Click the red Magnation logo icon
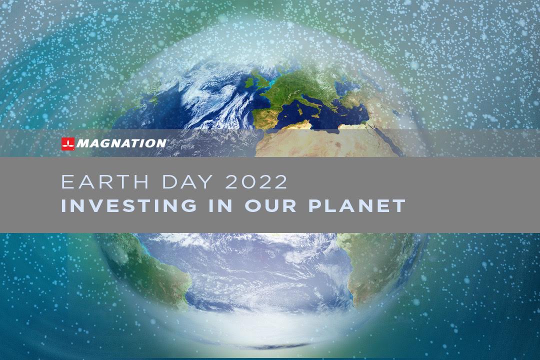(x=68, y=143)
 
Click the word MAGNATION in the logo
(x=121, y=143)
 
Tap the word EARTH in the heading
(x=105, y=182)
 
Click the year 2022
(x=256, y=182)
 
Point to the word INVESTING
(x=129, y=205)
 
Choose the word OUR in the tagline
(x=270, y=205)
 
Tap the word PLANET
(x=357, y=205)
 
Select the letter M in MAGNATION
(x=82, y=143)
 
